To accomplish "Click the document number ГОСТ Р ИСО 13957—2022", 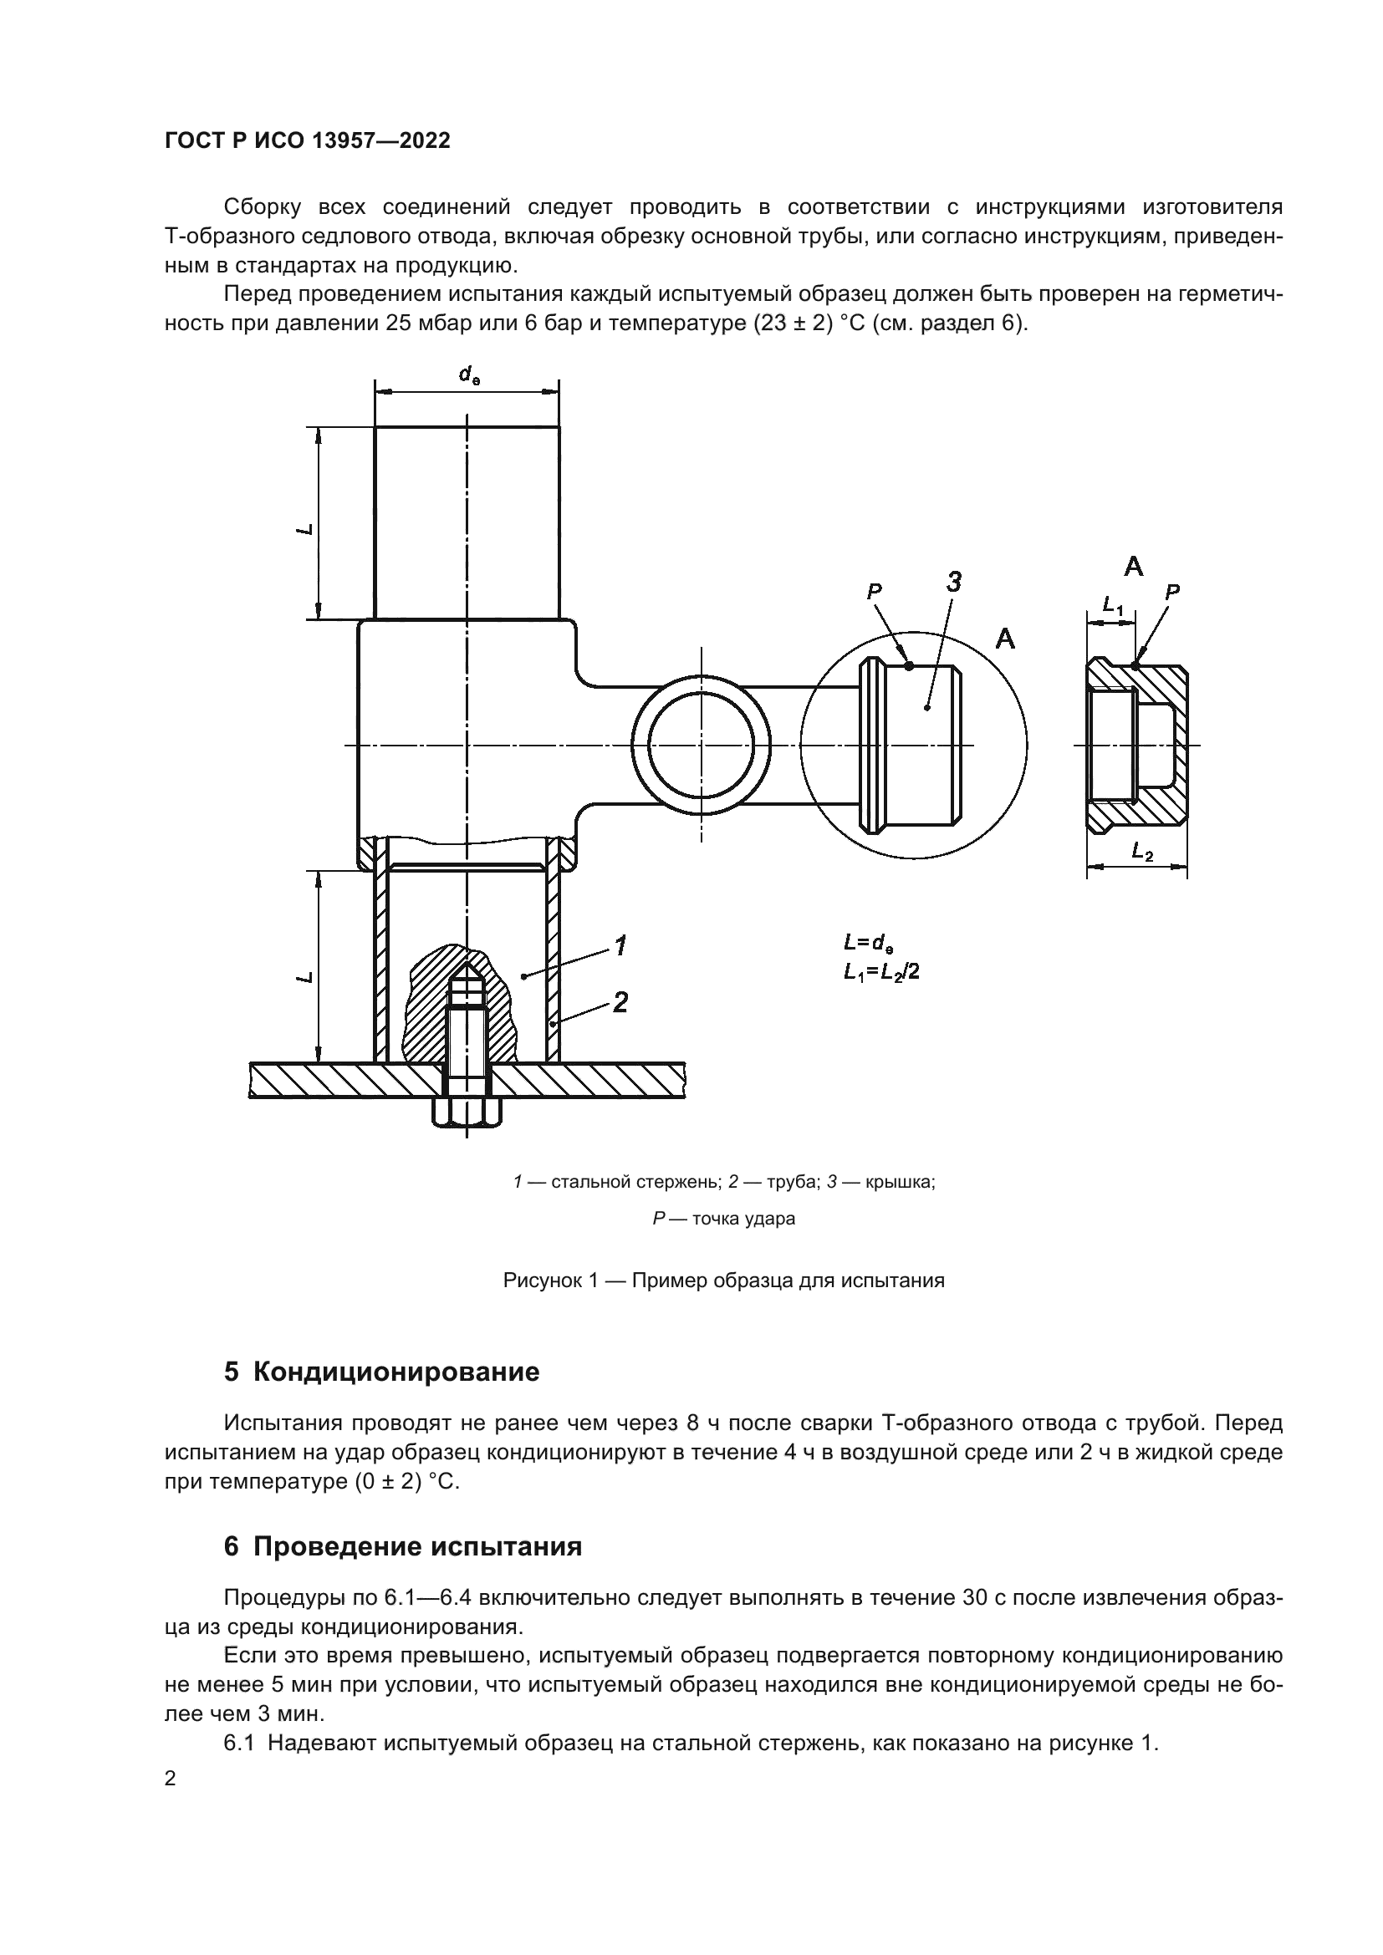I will [308, 141].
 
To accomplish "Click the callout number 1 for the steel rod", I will [620, 945].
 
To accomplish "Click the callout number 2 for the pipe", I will [620, 1002].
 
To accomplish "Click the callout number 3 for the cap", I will [954, 583].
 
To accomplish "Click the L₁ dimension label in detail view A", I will [1112, 605].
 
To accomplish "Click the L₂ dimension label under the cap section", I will [1141, 850].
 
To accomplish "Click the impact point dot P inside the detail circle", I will [910, 666].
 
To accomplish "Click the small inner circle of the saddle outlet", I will [702, 745].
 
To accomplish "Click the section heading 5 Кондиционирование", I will [381, 1372].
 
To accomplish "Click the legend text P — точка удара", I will [724, 1219].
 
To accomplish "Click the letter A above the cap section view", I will [1133, 566].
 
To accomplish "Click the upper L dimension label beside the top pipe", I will [305, 529].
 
